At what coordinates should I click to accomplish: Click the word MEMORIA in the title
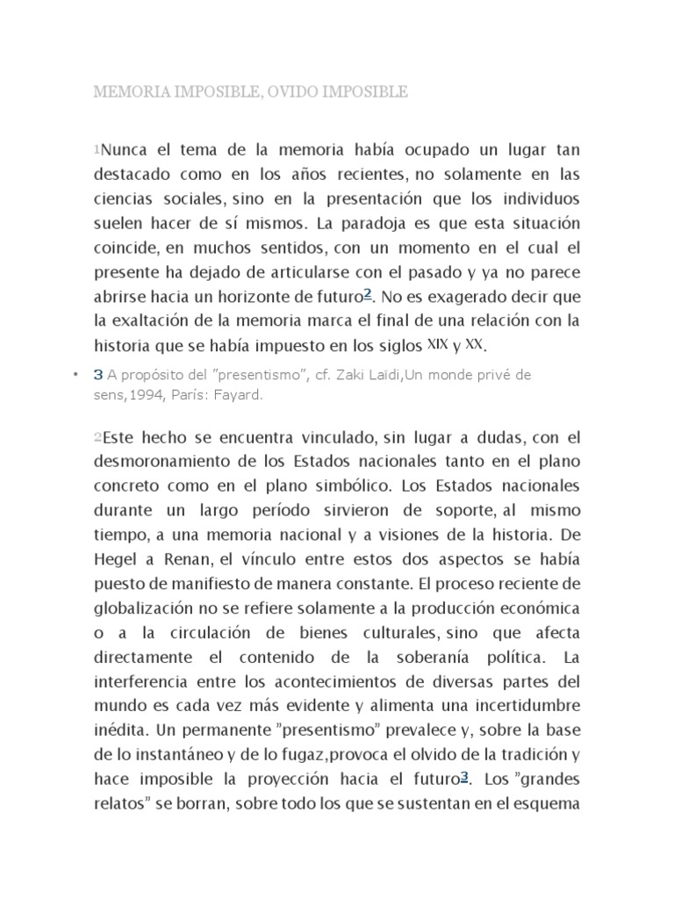(x=133, y=91)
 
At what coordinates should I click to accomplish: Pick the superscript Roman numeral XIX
(x=437, y=342)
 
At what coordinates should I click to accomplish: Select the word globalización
(x=143, y=608)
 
